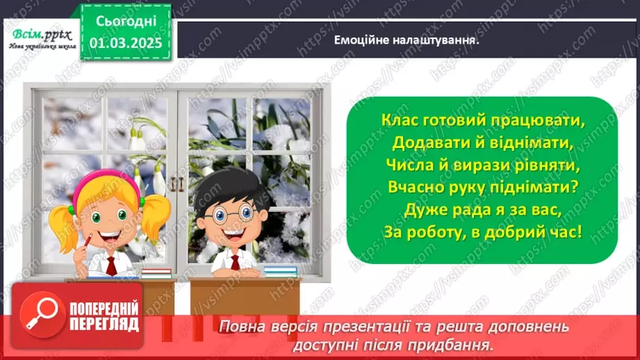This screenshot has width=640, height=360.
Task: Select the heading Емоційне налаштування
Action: click(x=408, y=40)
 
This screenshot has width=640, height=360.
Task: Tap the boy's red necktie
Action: click(x=236, y=263)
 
